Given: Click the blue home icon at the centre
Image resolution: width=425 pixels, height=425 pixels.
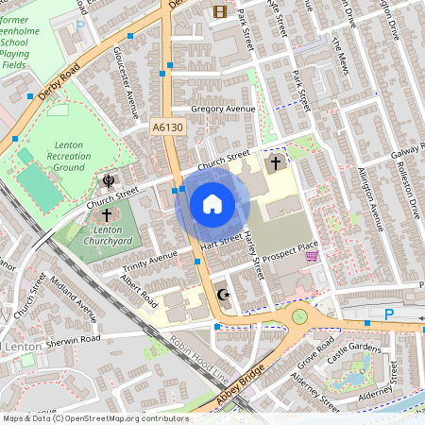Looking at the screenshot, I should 212,203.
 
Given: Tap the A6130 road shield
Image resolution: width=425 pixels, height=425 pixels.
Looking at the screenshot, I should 165,125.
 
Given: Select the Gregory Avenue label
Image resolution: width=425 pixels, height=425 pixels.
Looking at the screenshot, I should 224,110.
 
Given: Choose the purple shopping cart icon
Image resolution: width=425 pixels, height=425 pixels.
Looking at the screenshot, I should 311,256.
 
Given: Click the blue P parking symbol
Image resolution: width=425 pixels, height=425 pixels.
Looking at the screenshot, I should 388,314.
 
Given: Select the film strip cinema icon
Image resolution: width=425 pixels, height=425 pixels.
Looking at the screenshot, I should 220,11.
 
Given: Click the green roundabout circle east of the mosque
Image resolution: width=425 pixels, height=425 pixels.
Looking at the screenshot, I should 301,316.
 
